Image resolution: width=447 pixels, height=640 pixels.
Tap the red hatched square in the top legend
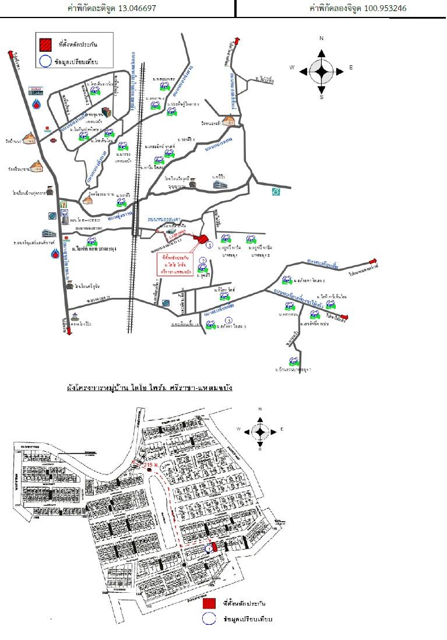click(x=45, y=44)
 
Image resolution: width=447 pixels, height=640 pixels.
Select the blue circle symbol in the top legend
click(x=45, y=61)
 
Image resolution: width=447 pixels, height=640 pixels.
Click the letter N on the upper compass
click(x=321, y=38)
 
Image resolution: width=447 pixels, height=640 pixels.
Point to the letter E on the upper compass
click(x=351, y=68)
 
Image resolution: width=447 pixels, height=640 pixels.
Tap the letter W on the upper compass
click(x=292, y=68)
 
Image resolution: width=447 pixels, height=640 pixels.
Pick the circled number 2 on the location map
click(x=203, y=260)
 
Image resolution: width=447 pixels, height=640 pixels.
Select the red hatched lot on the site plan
click(x=213, y=547)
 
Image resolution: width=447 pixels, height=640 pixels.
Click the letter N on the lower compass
click(x=261, y=410)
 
